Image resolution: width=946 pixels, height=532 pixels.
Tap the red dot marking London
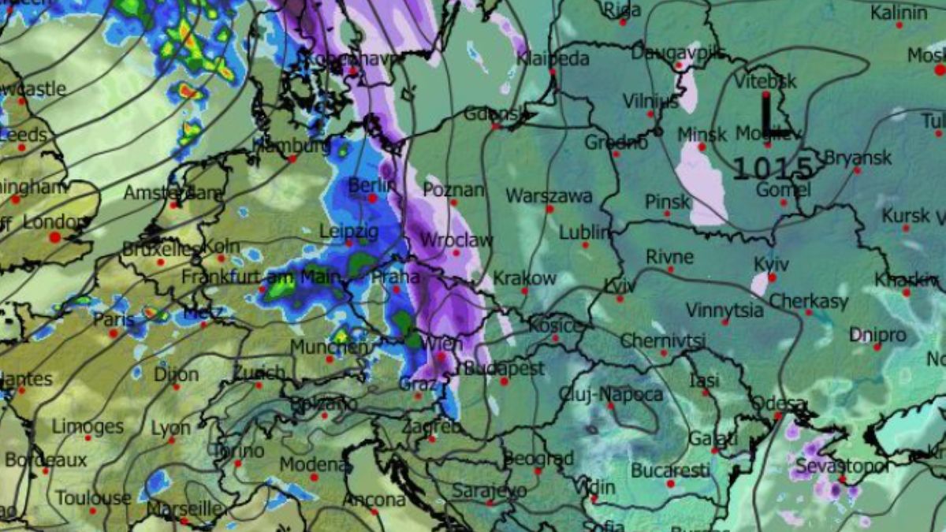point(55,236)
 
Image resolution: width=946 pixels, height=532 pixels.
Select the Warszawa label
point(549,195)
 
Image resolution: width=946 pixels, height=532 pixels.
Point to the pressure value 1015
point(773,167)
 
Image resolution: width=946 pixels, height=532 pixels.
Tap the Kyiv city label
point(771,264)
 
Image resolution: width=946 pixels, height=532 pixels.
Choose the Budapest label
point(505,368)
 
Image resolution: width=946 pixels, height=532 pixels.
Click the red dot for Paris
point(114,333)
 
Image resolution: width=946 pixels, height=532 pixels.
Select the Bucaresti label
point(670,471)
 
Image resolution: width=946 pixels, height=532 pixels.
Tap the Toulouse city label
point(93,498)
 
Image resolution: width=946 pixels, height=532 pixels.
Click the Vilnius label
point(650,101)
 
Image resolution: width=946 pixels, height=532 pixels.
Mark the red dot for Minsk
point(701,147)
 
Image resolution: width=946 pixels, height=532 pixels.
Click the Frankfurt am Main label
point(260,277)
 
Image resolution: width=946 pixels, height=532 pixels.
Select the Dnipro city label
point(877,334)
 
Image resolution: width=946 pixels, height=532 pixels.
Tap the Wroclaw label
point(456,240)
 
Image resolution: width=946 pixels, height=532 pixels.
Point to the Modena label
point(312,464)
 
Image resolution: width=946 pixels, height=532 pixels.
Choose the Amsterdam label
point(173,193)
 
